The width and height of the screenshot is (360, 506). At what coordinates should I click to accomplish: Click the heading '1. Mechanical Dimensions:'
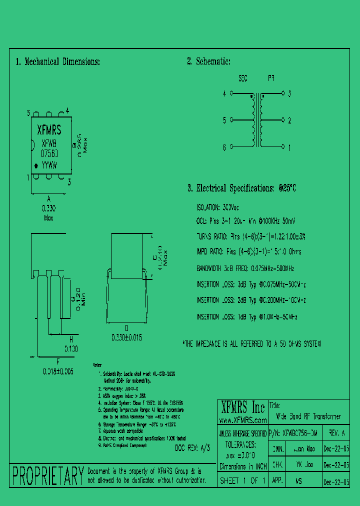coord(57,62)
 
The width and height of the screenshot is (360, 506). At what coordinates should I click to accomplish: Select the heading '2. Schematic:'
coord(208,61)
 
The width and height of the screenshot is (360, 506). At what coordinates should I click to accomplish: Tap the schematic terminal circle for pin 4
coord(231,93)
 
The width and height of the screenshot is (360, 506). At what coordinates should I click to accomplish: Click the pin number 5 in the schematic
coord(224,120)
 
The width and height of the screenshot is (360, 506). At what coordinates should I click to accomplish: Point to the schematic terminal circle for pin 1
coord(283,147)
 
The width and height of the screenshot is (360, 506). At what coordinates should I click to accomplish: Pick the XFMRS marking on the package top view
coord(49,131)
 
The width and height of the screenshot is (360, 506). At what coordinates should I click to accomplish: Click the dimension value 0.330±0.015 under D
coord(126,337)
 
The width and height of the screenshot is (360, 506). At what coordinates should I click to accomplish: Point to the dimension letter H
coord(71,338)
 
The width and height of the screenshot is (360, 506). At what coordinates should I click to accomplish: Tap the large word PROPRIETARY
coord(47,475)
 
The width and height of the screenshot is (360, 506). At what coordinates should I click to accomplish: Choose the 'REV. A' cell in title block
coord(334,433)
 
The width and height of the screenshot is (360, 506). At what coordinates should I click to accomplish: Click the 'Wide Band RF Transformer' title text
coord(308,416)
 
